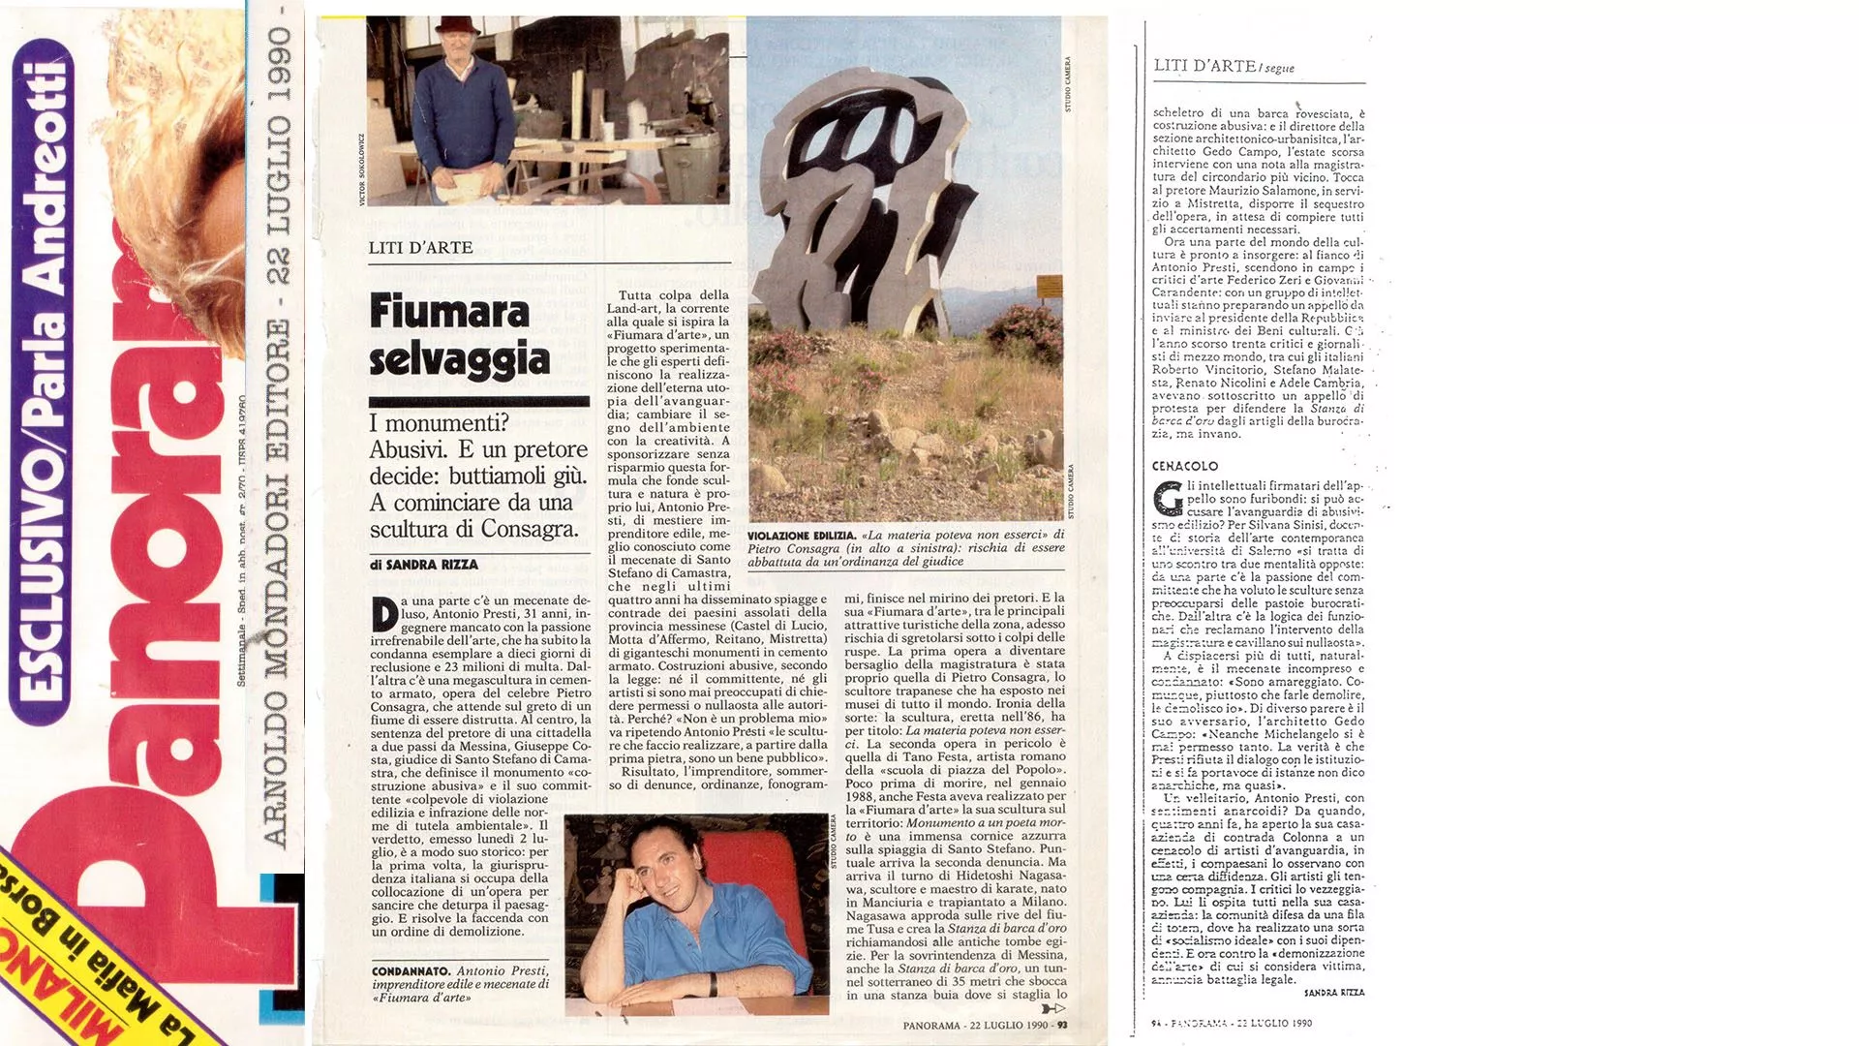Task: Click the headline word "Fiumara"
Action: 449,312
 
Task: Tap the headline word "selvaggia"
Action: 459,359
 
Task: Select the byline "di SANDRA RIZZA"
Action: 424,565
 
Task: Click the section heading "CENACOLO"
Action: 1185,466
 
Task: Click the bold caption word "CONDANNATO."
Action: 411,970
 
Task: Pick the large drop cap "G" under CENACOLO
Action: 1169,498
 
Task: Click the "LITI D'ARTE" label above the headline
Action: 420,248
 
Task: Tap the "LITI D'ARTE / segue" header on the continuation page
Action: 1223,66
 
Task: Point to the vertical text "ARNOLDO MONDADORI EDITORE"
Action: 275,581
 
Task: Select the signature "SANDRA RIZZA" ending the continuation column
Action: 1333,993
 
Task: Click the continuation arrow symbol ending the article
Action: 1053,1009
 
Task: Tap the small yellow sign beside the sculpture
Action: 1049,287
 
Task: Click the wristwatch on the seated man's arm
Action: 713,984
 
